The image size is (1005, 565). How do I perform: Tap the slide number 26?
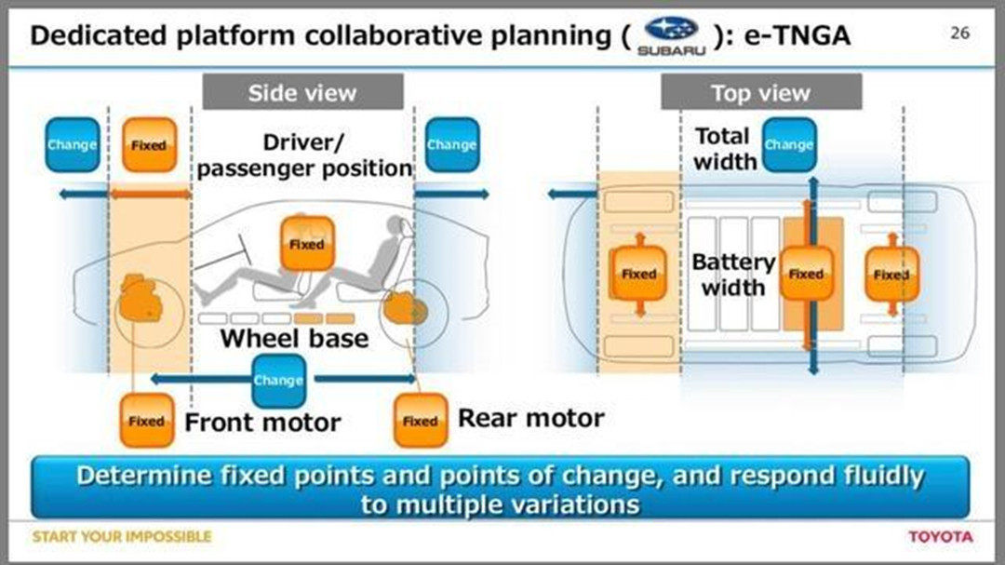tap(959, 33)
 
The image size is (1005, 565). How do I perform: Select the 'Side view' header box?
tap(302, 92)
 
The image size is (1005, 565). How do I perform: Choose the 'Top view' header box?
tap(761, 92)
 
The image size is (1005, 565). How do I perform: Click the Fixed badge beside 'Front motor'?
tap(146, 421)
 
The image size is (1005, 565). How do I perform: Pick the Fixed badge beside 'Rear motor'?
tap(420, 421)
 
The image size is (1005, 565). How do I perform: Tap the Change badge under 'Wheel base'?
tap(278, 380)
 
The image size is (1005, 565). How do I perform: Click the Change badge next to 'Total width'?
tap(789, 145)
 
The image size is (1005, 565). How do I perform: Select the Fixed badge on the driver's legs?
tap(306, 244)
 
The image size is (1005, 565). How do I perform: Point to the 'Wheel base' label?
tap(294, 338)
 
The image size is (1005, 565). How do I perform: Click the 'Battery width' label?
tap(733, 275)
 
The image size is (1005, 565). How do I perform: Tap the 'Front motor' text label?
tap(263, 422)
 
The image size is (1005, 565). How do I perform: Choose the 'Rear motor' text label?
tap(530, 418)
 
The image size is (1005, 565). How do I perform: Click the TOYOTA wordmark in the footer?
tap(940, 536)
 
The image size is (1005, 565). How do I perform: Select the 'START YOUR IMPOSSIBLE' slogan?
tap(122, 536)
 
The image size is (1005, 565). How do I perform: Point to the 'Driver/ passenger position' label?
tap(305, 155)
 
